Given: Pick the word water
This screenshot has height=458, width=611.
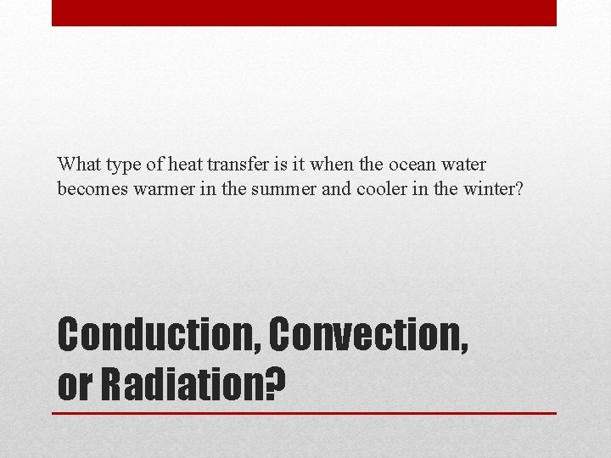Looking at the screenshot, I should point(465,164).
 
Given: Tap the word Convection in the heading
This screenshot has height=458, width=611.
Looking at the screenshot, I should point(368,336).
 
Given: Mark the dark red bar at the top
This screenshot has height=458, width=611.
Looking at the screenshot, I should point(304,13).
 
